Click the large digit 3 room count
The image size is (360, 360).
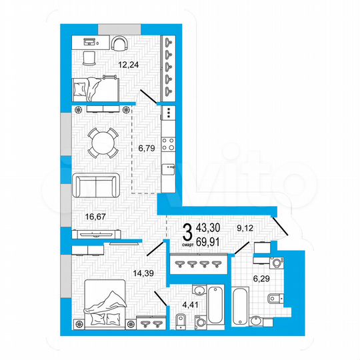(x=188, y=234)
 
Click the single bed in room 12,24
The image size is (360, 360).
(x=93, y=87)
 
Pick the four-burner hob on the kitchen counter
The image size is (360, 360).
(x=169, y=143)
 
